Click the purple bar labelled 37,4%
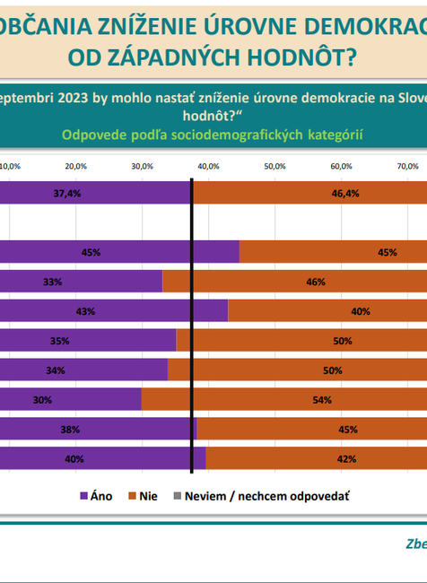[94, 194]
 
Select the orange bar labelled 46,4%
[309, 194]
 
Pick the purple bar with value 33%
[81, 282]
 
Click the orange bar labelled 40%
[327, 311]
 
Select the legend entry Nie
[144, 495]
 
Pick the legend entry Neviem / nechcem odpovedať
[260, 495]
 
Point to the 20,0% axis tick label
[75, 166]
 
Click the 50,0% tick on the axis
[274, 166]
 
